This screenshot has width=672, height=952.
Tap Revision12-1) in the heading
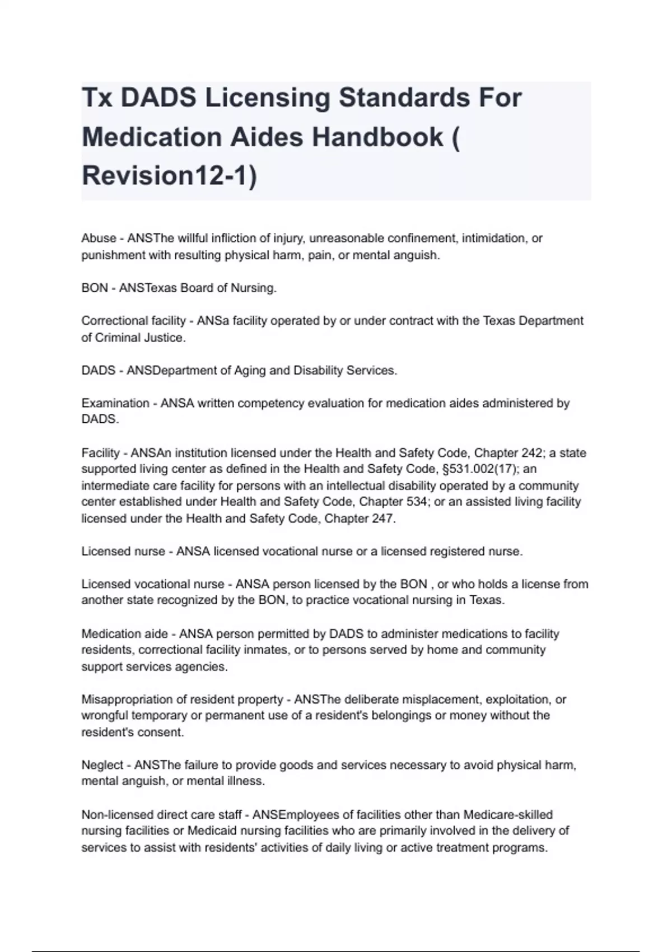(x=169, y=175)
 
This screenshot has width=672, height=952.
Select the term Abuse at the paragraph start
(x=99, y=238)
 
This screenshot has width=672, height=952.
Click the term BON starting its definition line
(x=95, y=288)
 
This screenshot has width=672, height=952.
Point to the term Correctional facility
(x=133, y=321)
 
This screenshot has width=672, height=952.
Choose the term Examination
(x=115, y=403)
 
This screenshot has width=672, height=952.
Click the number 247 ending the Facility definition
(x=383, y=519)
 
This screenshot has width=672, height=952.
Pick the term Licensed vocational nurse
(x=153, y=584)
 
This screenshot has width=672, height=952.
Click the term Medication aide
(x=124, y=634)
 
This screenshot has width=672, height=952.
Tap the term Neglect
(x=102, y=765)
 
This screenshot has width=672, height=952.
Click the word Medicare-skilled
(x=508, y=815)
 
